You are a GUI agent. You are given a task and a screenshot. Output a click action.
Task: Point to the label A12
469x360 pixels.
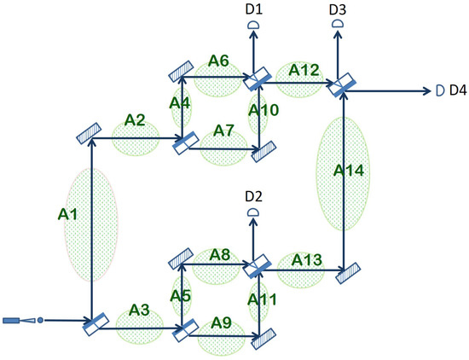tap(304, 68)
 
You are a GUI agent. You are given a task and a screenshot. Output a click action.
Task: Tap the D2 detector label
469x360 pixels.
tap(252, 197)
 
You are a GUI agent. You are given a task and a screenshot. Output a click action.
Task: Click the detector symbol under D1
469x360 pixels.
tap(253, 26)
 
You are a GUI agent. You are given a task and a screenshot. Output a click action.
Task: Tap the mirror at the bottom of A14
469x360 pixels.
tap(345, 275)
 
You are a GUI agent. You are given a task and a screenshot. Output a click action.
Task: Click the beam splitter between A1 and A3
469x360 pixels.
tap(95, 322)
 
